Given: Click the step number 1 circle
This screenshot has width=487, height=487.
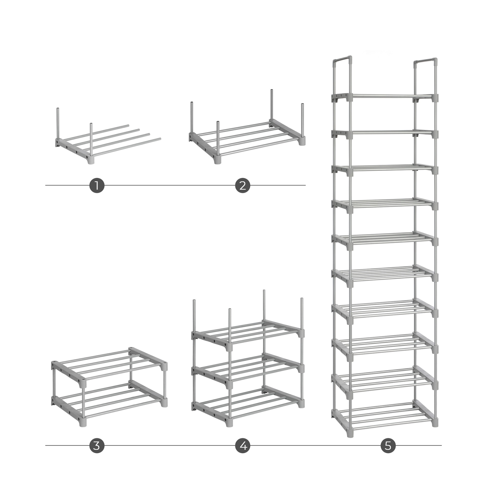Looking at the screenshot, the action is point(97,186).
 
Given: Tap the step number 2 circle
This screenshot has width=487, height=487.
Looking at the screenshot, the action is point(243,186).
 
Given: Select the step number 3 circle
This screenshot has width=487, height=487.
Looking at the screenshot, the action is point(97,445).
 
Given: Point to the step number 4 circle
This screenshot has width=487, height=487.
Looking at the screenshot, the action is point(243,445).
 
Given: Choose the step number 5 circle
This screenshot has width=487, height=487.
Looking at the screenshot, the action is point(388,445).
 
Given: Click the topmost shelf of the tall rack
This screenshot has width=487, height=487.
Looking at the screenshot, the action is point(385,97).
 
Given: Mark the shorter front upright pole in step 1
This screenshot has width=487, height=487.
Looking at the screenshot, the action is point(91,140).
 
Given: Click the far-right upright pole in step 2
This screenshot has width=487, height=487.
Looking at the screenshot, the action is point(302,123).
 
